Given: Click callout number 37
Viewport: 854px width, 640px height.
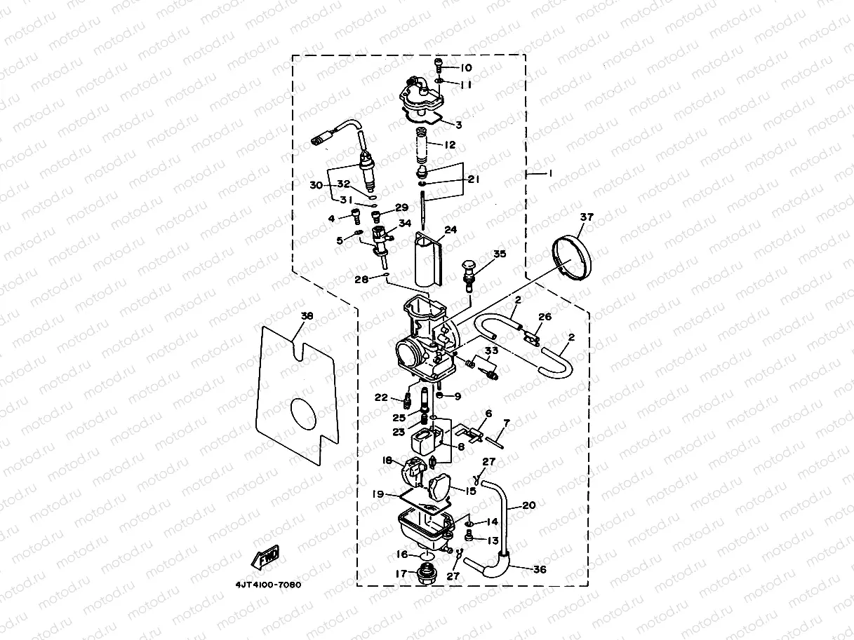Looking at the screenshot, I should (586, 217).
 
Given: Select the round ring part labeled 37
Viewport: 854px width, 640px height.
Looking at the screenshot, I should (573, 258).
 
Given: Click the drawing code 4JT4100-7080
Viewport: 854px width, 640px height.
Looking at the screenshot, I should (268, 585).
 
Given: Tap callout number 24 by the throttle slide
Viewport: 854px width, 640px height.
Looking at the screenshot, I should (450, 229).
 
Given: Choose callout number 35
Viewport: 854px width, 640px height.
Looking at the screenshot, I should (499, 254).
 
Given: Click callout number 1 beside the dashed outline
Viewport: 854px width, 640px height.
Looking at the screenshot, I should (550, 172).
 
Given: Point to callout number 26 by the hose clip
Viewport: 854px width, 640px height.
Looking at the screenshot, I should (545, 317).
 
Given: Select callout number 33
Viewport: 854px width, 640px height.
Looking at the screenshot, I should (491, 350).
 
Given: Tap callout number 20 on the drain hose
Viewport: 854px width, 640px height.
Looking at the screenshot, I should (528, 505).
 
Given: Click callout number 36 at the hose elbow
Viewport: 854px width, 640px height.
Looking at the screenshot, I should (539, 570).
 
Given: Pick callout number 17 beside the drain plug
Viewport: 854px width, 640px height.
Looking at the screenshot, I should (401, 573).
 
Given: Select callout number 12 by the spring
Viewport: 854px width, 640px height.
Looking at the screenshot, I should (450, 144).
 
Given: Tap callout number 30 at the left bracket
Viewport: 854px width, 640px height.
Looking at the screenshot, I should (316, 185).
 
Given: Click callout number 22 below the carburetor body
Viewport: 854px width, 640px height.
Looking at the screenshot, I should (380, 397).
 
